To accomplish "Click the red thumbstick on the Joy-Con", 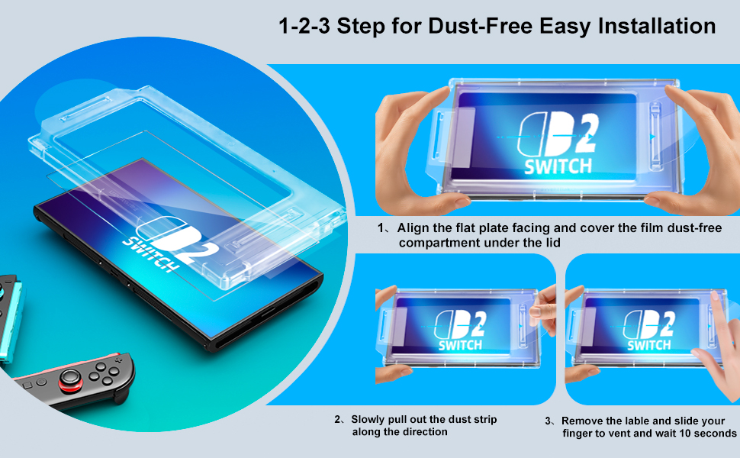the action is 70,379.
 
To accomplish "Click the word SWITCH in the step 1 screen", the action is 558,166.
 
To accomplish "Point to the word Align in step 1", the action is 413,228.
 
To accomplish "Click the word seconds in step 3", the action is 716,434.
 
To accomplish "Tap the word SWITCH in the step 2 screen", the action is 460,345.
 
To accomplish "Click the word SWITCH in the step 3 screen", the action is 648,345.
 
